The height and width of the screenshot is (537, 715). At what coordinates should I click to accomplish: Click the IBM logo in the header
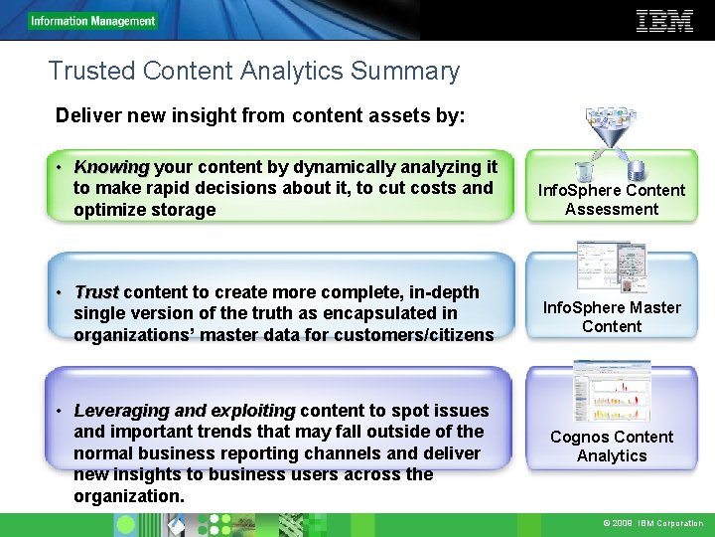[663, 21]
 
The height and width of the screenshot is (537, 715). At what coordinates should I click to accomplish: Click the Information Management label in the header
[92, 21]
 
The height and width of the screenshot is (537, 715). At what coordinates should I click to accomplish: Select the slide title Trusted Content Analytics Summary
[253, 72]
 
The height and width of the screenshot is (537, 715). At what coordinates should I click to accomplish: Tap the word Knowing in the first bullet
[111, 167]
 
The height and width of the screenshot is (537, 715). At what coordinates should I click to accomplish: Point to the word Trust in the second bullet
[96, 292]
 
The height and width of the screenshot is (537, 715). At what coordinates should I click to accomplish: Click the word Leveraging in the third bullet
[119, 411]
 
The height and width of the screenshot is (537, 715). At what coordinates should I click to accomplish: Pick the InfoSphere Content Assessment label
[612, 200]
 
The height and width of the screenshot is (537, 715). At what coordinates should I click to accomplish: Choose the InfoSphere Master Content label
[612, 317]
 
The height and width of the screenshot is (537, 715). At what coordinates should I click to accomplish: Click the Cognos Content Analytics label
[612, 447]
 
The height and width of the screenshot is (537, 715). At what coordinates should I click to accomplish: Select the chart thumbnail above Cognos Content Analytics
[611, 390]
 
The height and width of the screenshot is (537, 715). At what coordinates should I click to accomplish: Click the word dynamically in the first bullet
[335, 167]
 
